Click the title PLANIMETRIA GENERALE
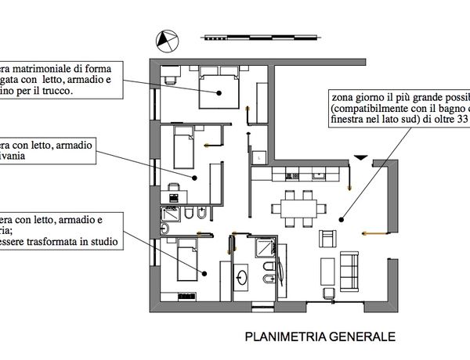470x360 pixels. pos(320,337)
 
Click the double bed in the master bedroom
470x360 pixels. pos(219,88)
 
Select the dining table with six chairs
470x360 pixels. pos(298,208)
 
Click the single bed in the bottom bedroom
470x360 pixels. pos(186,260)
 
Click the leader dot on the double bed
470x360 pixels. pos(220,93)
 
